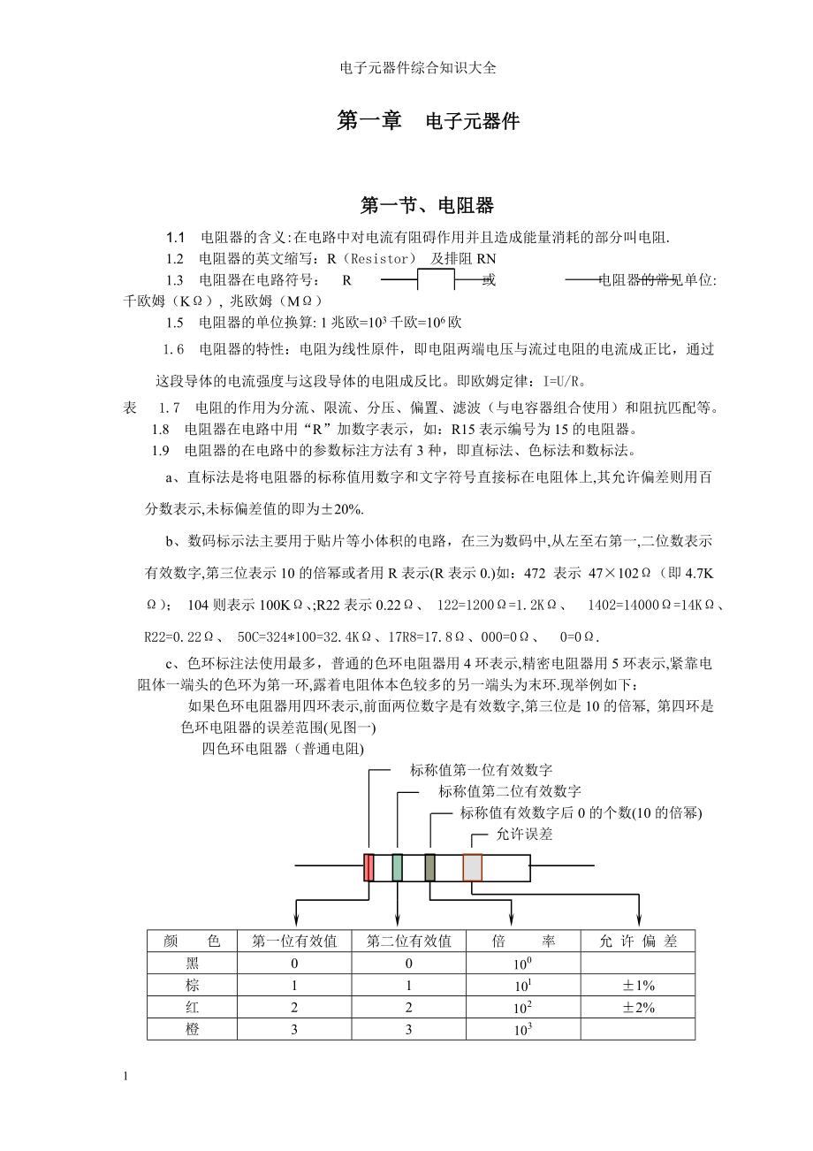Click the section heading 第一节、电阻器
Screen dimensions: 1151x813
point(427,206)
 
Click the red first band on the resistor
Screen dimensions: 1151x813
point(369,867)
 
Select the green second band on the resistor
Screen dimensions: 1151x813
point(398,867)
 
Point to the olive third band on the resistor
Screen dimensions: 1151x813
point(430,867)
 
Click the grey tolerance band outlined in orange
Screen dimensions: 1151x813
point(473,867)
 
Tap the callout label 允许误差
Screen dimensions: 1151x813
point(524,834)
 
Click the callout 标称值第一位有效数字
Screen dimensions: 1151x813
point(481,771)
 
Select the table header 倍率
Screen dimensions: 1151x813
point(523,941)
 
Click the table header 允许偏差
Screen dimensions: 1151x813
point(638,941)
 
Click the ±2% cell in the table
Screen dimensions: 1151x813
point(638,1008)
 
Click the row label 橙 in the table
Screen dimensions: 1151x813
point(193,1030)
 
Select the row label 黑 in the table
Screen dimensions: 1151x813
point(193,964)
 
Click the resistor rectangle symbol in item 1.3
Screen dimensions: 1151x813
point(435,282)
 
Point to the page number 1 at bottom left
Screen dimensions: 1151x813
point(128,1076)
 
